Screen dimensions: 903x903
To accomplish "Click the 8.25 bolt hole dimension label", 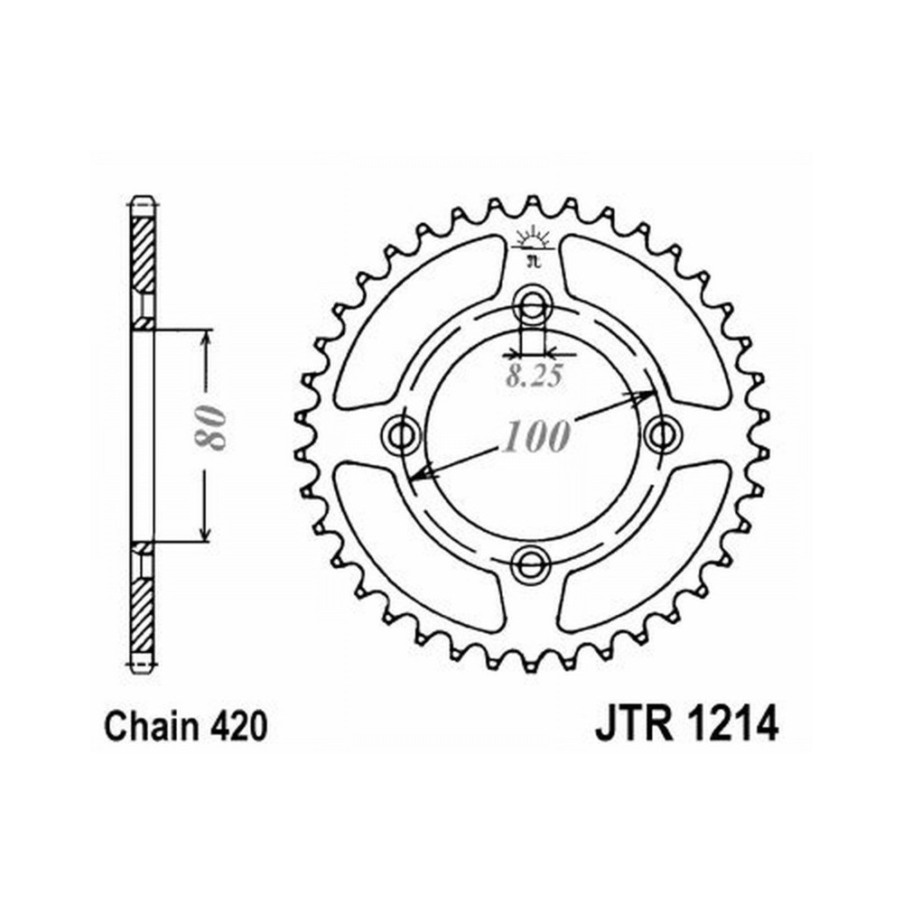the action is coord(534,377).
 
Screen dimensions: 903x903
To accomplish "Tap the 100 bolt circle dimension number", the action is coord(536,436).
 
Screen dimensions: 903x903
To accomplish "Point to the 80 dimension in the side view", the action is coord(209,427).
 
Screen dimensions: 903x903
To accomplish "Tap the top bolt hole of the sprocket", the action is coord(532,304).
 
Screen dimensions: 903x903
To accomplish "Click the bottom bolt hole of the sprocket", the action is coord(530,563).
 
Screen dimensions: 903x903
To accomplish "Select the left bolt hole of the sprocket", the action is coord(401,435).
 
